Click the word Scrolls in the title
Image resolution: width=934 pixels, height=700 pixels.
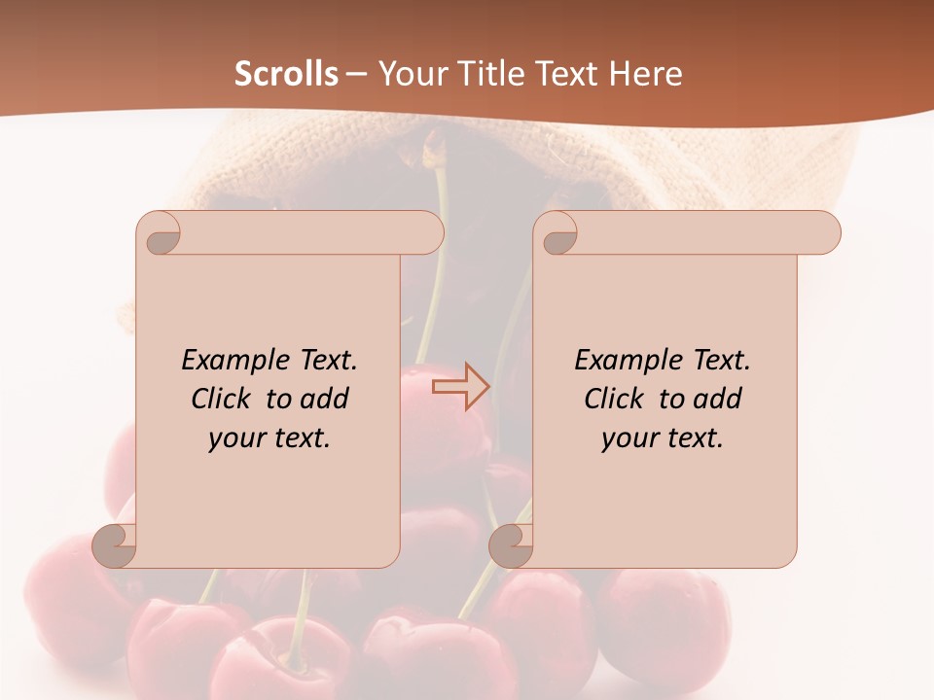[x=286, y=74]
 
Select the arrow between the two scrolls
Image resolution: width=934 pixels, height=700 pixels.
[x=461, y=387]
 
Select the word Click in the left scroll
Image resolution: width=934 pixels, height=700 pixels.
[x=224, y=399]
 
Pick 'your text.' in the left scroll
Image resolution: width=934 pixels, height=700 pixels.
[x=269, y=437]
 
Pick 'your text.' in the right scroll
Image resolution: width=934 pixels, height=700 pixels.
[x=663, y=437]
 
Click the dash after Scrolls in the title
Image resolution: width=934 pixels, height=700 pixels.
[x=356, y=75]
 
